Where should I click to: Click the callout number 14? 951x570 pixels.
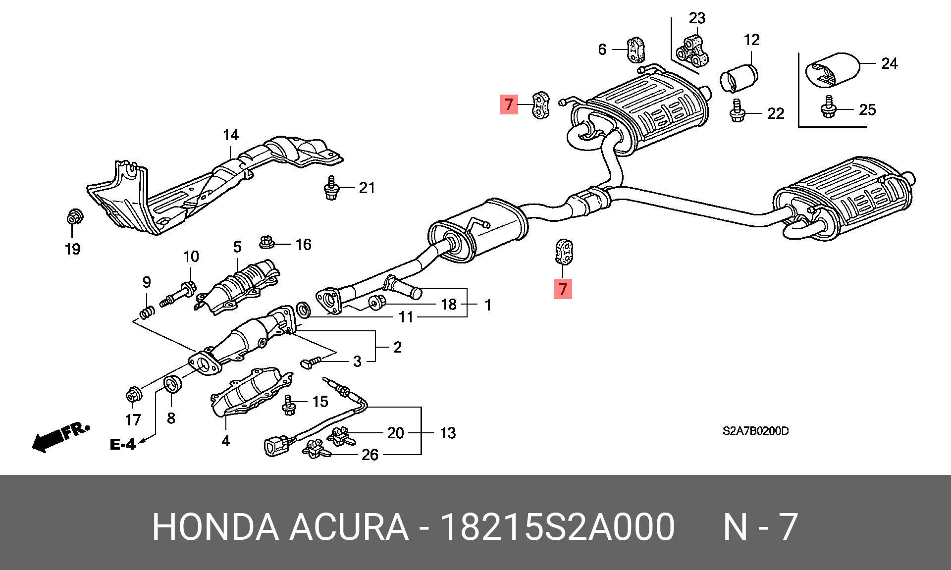point(231,135)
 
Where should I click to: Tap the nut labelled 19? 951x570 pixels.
point(74,217)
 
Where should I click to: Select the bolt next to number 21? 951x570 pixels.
point(332,188)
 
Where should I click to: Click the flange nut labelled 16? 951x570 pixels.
point(267,242)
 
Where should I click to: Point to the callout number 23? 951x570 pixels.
point(697,18)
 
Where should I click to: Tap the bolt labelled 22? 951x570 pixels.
point(738,111)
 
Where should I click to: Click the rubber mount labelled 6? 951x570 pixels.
point(636,50)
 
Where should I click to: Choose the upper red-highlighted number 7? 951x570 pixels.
point(509,104)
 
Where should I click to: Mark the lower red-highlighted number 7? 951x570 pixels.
point(563,289)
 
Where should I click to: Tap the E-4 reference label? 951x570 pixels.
point(122,444)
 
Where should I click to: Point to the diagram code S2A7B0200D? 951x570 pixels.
point(755,431)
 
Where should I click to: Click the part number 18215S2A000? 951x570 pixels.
point(557,527)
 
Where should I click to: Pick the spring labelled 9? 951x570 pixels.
point(147,312)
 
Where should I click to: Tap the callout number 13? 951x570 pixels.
point(448,433)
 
